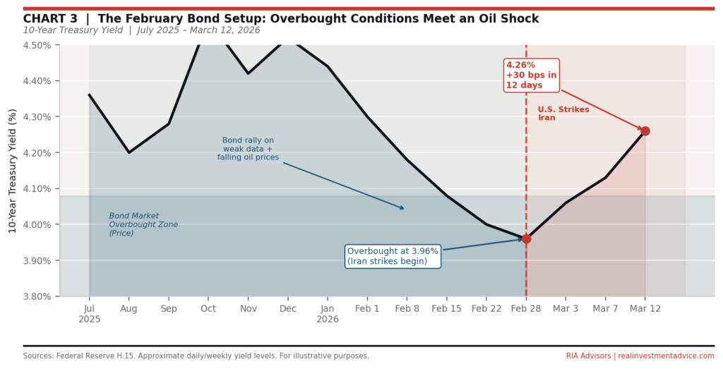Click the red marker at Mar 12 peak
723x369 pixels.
(x=645, y=131)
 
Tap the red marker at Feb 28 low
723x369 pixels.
(x=526, y=239)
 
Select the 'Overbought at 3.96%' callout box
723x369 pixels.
(x=393, y=256)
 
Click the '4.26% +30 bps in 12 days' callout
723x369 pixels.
(x=531, y=75)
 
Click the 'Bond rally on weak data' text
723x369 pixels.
(x=248, y=149)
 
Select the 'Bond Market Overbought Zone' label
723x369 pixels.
(x=143, y=224)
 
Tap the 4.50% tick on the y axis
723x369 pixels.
(x=37, y=45)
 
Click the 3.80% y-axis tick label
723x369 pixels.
(x=37, y=296)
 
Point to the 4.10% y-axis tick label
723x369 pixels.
(x=37, y=189)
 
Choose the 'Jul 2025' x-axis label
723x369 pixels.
(x=89, y=314)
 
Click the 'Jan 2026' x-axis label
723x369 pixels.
(x=327, y=314)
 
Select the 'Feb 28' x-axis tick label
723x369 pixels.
(x=526, y=309)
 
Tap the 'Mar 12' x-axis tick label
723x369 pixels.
(x=645, y=309)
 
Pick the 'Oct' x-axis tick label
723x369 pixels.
(x=208, y=309)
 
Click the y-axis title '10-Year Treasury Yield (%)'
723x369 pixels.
(x=12, y=171)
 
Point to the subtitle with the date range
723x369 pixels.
(x=141, y=30)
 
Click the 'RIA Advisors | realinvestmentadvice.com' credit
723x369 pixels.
(x=640, y=356)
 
